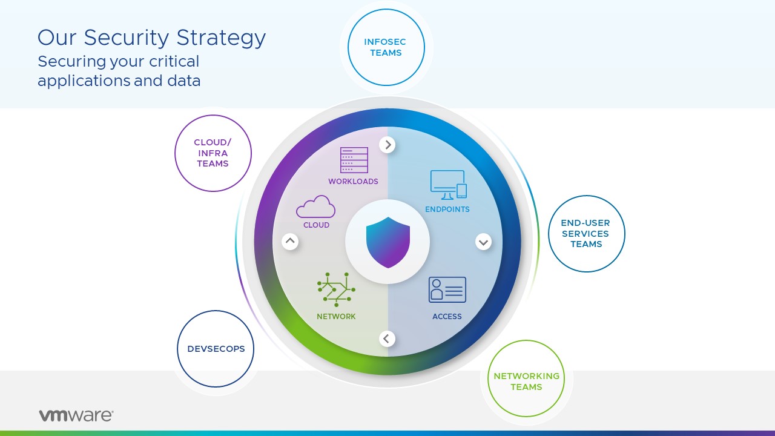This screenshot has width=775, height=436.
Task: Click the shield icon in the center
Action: (387, 242)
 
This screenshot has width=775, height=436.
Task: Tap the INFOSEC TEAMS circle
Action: (386, 47)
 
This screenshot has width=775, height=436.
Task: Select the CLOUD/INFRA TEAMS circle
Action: (213, 153)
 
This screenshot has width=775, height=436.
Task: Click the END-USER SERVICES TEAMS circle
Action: (586, 234)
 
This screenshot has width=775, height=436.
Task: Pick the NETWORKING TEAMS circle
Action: (526, 378)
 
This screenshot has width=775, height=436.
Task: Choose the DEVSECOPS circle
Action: (216, 349)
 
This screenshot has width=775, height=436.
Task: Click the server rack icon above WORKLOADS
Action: (354, 160)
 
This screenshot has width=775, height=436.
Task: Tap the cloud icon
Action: (315, 207)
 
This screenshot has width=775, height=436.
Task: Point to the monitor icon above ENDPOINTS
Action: (448, 185)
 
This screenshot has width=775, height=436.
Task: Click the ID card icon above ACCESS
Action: (447, 290)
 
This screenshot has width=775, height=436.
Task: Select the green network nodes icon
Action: (336, 289)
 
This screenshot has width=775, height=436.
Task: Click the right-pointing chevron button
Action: (387, 145)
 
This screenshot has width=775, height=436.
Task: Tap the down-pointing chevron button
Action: (483, 242)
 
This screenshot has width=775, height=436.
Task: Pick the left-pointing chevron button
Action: (387, 339)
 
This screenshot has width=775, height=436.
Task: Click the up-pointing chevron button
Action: (291, 242)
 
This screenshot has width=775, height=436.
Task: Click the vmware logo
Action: (76, 415)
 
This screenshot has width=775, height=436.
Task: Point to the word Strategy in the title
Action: (221, 38)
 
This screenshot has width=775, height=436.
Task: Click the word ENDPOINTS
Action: (447, 210)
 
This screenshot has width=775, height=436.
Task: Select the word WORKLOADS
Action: (353, 182)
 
